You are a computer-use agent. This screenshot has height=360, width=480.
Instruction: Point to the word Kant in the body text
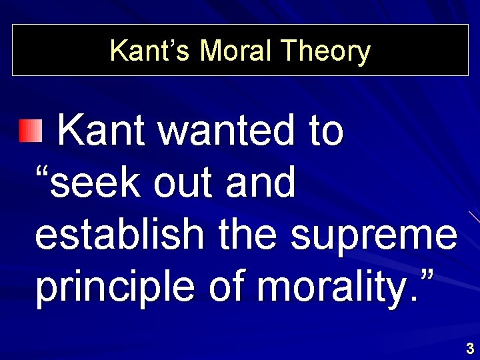coord(102,130)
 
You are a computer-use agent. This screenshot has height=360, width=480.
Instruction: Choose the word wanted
coord(229,130)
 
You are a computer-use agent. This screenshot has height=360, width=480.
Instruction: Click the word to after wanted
coord(326,130)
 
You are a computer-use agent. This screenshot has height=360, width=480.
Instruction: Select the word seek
coord(98,183)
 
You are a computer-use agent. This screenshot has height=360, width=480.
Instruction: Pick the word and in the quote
coord(260,183)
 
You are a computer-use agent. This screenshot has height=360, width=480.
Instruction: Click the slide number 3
coord(470,348)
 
